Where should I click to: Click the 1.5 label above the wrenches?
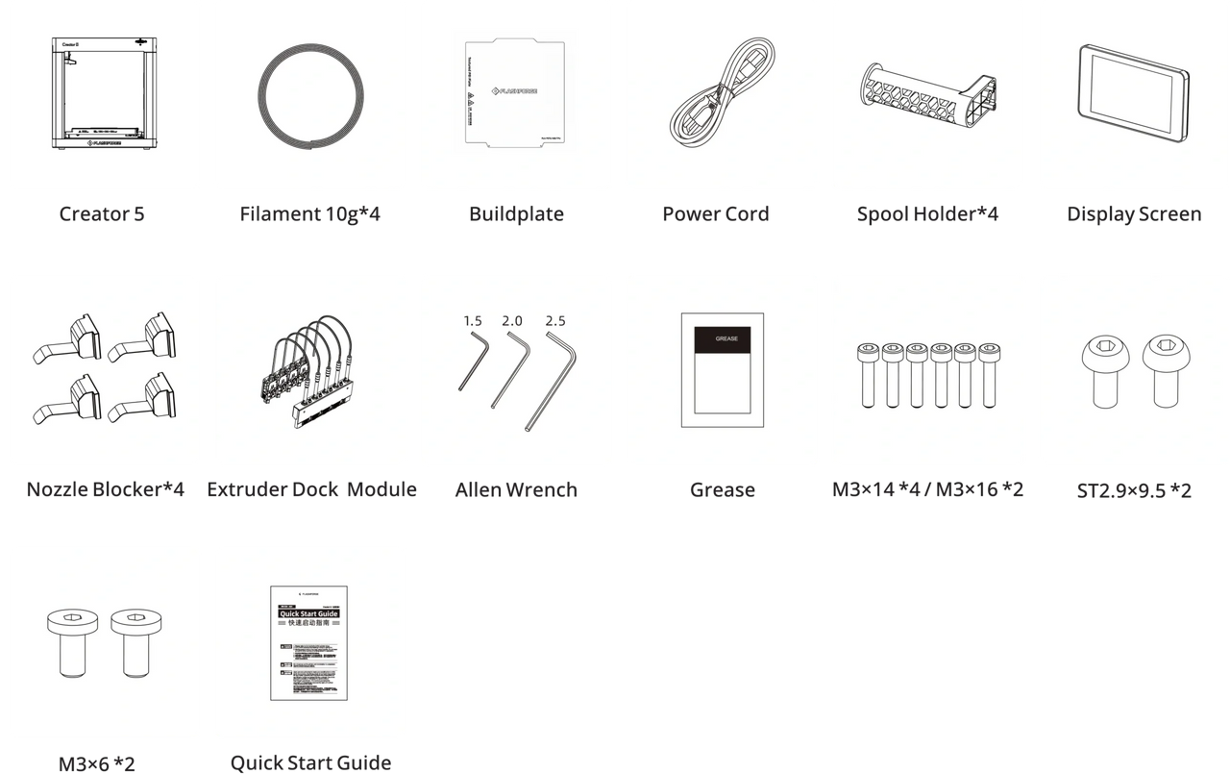(472, 320)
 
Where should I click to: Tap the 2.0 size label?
(512, 320)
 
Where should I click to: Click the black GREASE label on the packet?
(723, 340)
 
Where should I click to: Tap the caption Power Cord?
(716, 214)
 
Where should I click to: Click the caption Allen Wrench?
(516, 490)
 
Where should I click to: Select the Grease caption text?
(723, 490)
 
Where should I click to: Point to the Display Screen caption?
(1134, 214)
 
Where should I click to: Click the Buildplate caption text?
(516, 214)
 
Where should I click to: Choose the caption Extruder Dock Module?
(312, 490)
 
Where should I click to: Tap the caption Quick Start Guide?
(310, 763)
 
